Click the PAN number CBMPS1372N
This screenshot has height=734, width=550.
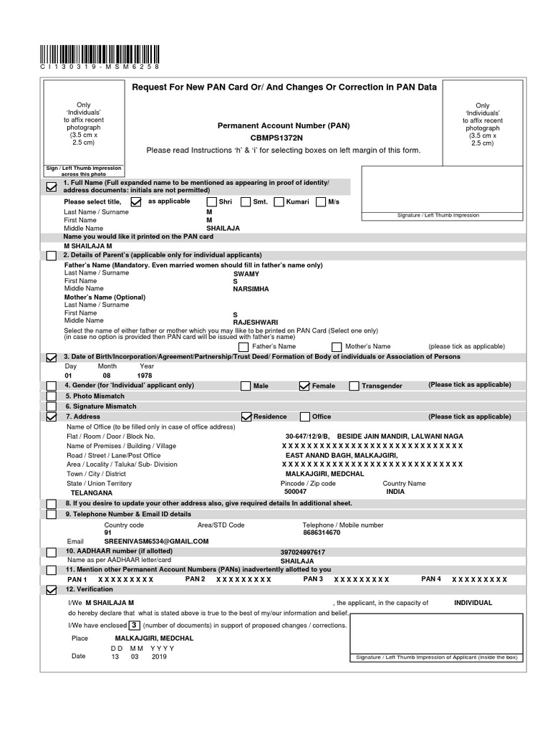tap(276, 137)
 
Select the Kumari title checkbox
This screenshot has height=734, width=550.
tap(279, 202)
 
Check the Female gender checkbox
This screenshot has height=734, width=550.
tap(304, 386)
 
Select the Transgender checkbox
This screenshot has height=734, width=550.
tap(354, 386)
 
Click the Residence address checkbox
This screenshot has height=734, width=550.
tap(246, 416)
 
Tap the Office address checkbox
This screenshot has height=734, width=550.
tap(305, 416)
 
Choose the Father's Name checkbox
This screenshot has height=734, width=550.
tap(243, 347)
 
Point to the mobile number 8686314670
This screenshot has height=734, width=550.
tap(322, 533)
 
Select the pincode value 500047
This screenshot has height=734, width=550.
tap(295, 492)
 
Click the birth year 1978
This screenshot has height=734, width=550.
tap(145, 375)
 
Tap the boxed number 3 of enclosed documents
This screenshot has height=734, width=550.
tap(134, 625)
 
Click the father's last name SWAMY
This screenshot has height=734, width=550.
tap(246, 274)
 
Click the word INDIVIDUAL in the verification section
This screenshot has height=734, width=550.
tap(473, 603)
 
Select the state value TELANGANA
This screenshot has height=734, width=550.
tap(91, 493)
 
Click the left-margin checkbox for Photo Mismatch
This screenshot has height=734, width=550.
tap(51, 396)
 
